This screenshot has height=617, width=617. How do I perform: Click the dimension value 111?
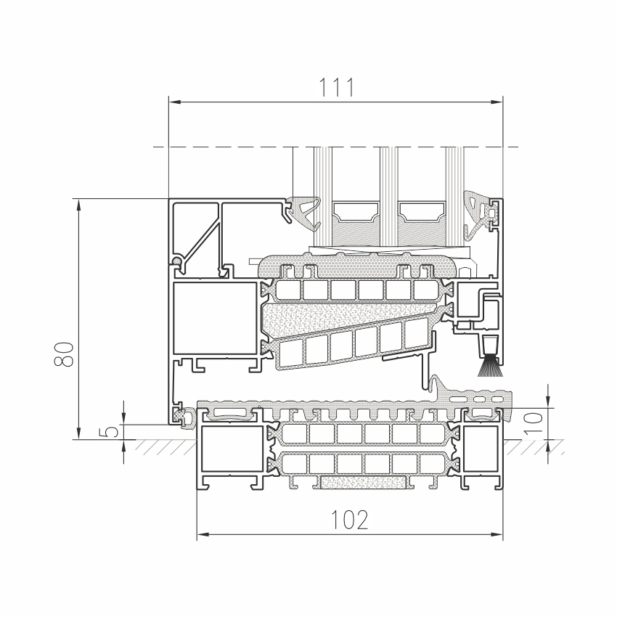point(336,87)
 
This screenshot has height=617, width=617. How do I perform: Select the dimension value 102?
point(350,520)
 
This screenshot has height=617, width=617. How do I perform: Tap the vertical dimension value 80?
point(64,354)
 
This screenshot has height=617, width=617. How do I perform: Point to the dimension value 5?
point(112,431)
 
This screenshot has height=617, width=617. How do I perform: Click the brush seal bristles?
point(491,366)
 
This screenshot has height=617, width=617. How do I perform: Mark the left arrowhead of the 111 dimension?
point(175,102)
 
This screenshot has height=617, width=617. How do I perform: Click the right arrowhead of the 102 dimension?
point(497,535)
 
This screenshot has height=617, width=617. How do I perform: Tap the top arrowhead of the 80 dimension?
point(78,205)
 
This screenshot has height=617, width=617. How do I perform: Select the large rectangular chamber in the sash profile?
point(215,317)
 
